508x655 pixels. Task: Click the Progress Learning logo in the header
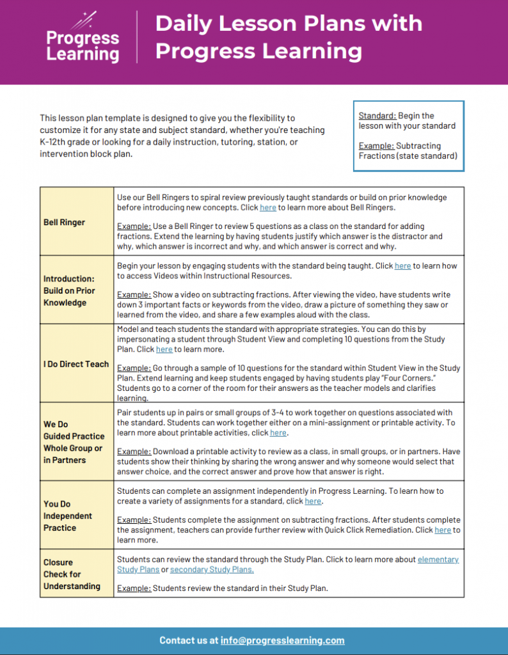[83, 40]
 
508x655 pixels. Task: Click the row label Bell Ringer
[64, 222]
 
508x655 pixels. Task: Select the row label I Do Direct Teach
[76, 364]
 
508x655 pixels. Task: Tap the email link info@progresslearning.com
[282, 640]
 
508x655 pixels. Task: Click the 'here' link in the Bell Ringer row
[267, 208]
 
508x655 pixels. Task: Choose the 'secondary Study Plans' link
[212, 570]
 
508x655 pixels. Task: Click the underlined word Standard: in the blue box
[377, 116]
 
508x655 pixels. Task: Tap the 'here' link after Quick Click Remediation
[442, 530]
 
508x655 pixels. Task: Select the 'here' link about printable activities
[278, 433]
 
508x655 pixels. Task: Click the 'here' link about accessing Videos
[402, 266]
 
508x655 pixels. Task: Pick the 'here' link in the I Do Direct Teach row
[164, 350]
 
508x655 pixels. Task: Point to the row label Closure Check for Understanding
[72, 574]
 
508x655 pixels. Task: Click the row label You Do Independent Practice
[68, 516]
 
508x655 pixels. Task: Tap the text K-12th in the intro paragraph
[55, 142]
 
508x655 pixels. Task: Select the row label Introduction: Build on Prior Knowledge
[69, 290]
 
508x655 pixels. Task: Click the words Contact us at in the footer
[189, 640]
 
